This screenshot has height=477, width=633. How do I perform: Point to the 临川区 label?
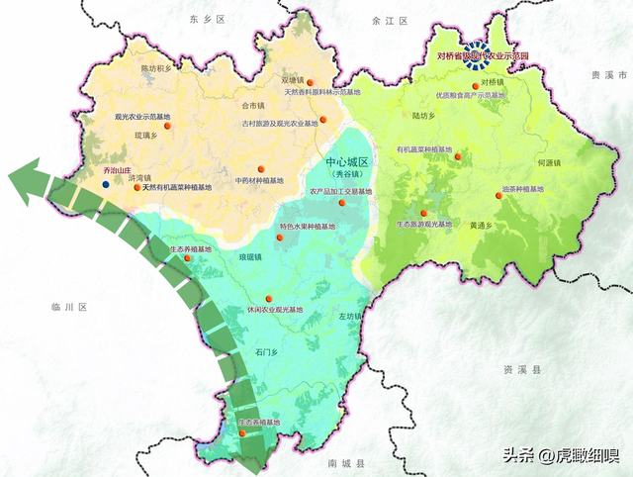(x=70, y=308)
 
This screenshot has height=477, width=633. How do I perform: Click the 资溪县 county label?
(x=523, y=369)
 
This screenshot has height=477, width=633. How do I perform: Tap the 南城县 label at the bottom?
(x=347, y=463)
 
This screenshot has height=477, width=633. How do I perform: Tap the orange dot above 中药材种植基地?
(x=261, y=169)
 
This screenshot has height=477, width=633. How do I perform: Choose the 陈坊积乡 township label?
(x=157, y=68)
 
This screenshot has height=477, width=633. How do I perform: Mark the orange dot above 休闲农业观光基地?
(x=268, y=298)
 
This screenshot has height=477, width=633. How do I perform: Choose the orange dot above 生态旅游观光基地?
(x=423, y=214)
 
